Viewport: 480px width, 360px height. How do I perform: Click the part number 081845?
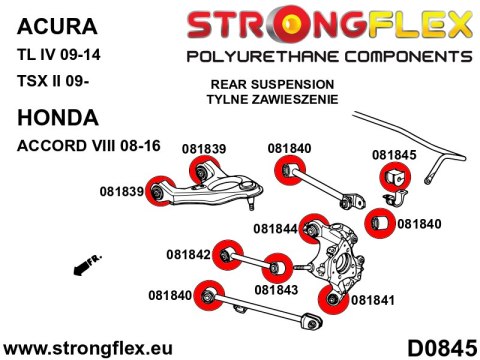pyautogui.click(x=395, y=155)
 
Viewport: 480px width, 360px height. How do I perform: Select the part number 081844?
pyautogui.click(x=274, y=228)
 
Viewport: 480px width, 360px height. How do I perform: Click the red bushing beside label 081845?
pyautogui.click(x=391, y=178)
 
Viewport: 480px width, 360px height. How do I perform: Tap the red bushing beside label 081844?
pyautogui.click(x=317, y=227)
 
